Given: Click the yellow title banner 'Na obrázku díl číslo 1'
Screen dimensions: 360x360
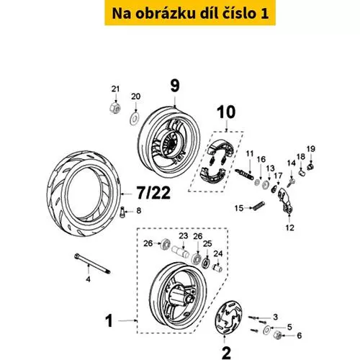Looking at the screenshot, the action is pyautogui.click(x=190, y=13).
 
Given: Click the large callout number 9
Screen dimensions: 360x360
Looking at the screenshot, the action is pyautogui.click(x=175, y=86).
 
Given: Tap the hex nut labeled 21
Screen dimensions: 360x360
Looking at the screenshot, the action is pyautogui.click(x=115, y=108).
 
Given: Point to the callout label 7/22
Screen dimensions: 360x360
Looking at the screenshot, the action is pyautogui.click(x=153, y=193).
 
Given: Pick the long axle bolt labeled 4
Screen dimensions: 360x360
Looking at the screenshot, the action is pyautogui.click(x=92, y=264).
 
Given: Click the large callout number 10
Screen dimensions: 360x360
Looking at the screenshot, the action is pyautogui.click(x=226, y=112).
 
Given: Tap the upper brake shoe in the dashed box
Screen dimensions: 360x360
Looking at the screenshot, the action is pyautogui.click(x=221, y=147).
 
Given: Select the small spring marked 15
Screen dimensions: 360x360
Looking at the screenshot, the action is pyautogui.click(x=258, y=206).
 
